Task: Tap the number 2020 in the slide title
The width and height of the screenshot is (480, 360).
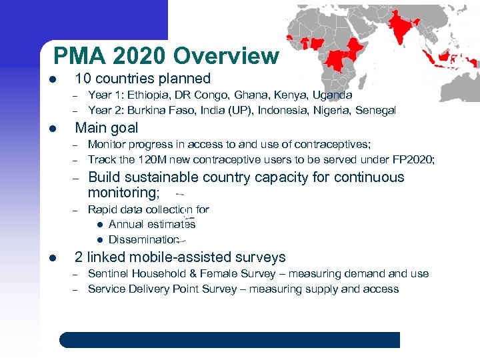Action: pyautogui.click(x=143, y=56)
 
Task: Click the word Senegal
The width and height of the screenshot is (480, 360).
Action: pyautogui.click(x=375, y=110)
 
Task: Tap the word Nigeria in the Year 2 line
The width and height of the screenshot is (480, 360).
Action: pyautogui.click(x=332, y=110)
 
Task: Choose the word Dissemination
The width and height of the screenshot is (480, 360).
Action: pyautogui.click(x=144, y=239)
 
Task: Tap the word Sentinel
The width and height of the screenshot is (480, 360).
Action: pyautogui.click(x=109, y=274)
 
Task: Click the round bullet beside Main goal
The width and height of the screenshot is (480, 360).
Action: pyautogui.click(x=53, y=129)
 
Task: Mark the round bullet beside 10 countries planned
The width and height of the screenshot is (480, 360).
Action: pyautogui.click(x=53, y=79)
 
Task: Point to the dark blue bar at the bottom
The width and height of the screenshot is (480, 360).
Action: pyautogui.click(x=230, y=340)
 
